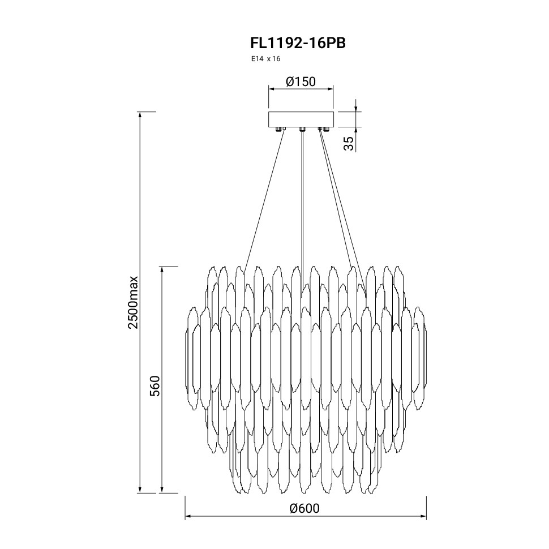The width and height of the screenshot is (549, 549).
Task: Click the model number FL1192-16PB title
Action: tap(298, 43)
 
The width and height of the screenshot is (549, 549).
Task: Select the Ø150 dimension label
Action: tap(301, 82)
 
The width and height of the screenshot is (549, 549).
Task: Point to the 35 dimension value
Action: tap(349, 143)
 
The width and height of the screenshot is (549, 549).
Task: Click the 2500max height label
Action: tap(134, 302)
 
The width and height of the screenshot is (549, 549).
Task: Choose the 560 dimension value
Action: tap(155, 386)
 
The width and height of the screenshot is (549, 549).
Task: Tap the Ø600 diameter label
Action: tap(304, 508)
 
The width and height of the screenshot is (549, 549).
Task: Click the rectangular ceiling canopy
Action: tap(301, 119)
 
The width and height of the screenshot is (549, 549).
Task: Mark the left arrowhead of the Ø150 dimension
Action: tap(271, 89)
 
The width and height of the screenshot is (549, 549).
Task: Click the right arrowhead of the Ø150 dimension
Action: tap(330, 89)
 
